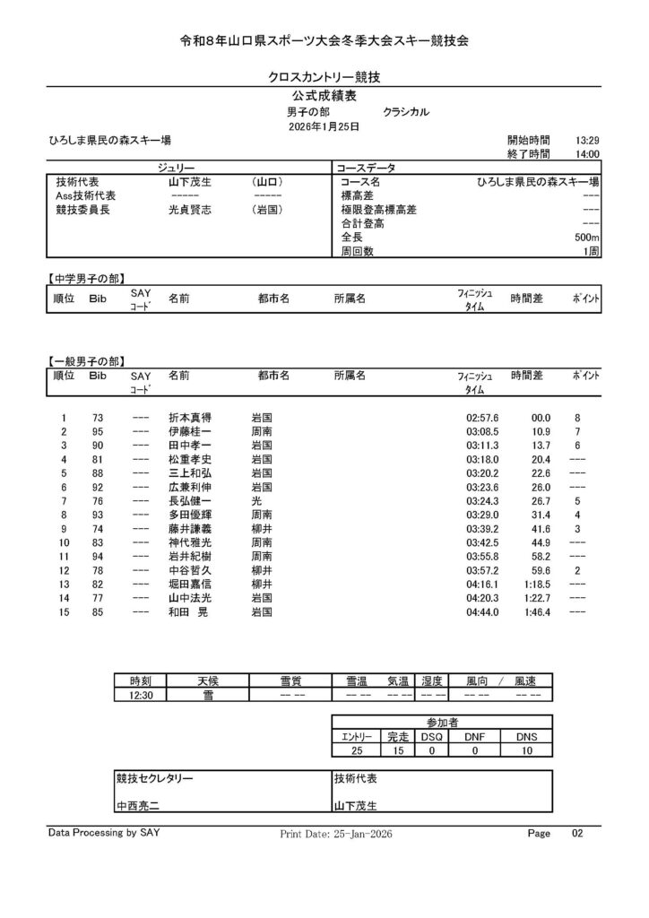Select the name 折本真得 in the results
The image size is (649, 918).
[189, 419]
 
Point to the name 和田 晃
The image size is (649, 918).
[189, 612]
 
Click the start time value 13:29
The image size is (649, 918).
[587, 141]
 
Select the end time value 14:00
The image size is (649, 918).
[587, 154]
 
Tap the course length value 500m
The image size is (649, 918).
[587, 238]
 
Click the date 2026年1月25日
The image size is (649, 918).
[324, 127]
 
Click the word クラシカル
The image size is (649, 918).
[406, 112]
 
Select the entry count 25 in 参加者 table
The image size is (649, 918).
[357, 750]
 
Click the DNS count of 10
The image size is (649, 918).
[526, 750]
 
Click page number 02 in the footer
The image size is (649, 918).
[577, 834]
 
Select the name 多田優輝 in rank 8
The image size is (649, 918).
[189, 515]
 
